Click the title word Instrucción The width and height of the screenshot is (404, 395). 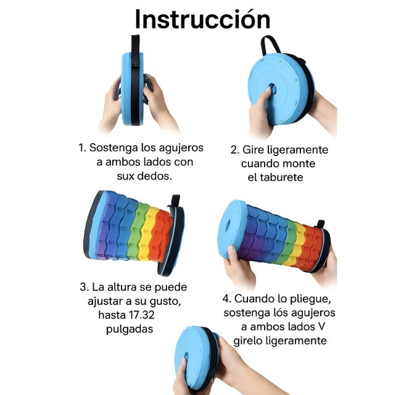tap(202, 19)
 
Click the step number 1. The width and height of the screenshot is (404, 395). tap(81, 148)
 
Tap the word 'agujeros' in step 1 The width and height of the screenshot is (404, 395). tap(182, 148)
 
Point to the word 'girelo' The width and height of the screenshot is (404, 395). tap(252, 341)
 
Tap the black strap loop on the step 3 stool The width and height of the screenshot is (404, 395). tap(176, 202)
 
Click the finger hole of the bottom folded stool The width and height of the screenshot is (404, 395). tap(185, 361)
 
